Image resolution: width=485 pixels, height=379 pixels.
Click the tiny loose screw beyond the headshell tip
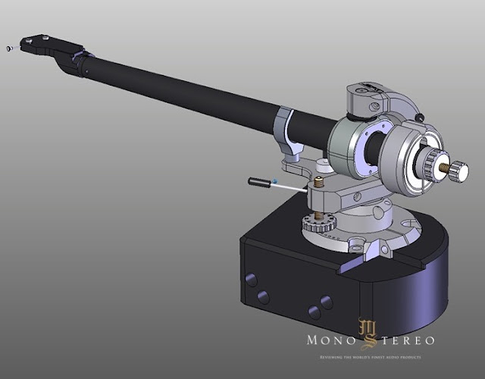pos(8,49)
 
